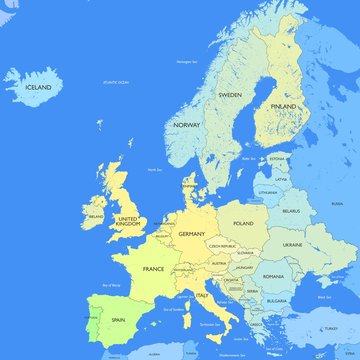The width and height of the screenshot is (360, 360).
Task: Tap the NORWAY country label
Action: click(186, 125)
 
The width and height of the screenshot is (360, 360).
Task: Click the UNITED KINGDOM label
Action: click(129, 221)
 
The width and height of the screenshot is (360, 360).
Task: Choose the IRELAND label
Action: click(96, 215)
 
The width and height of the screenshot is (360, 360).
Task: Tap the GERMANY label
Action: click(191, 233)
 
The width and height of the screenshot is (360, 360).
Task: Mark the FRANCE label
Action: click(153, 269)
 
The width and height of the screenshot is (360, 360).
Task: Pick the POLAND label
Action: click(243, 224)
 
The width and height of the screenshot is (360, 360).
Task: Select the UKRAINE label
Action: click(292, 243)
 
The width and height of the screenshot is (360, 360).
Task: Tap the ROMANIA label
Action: click(274, 275)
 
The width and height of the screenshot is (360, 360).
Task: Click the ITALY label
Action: click(202, 295)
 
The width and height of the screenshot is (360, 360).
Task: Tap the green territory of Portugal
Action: click(93, 322)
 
